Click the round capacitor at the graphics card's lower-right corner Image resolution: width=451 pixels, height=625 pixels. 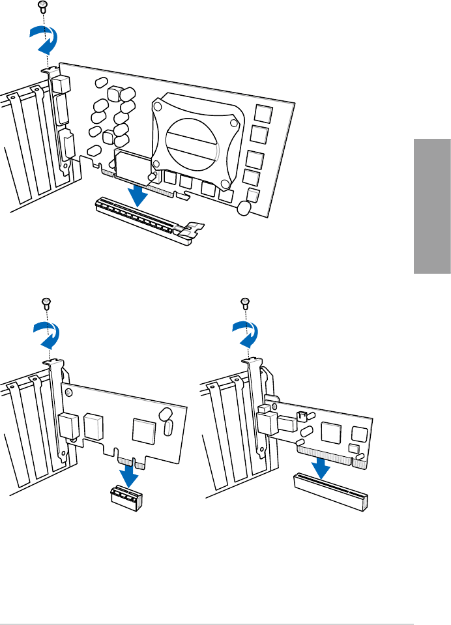coord(244,208)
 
